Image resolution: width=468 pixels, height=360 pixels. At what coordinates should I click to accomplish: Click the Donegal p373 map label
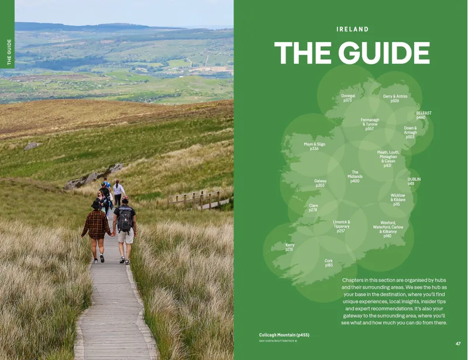click(x=347, y=98)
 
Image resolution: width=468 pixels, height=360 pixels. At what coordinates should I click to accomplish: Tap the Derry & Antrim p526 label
click(x=395, y=98)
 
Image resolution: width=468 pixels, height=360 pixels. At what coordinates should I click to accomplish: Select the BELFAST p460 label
click(x=424, y=115)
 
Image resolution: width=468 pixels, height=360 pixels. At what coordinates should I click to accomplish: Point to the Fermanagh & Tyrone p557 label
click(x=369, y=124)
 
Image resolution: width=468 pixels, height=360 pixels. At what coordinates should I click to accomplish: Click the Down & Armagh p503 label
click(x=410, y=132)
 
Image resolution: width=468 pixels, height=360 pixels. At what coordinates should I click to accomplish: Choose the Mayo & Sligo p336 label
click(x=314, y=146)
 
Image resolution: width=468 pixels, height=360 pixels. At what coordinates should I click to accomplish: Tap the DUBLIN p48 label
click(x=414, y=181)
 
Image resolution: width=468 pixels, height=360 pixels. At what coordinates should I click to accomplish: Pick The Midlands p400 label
click(x=355, y=177)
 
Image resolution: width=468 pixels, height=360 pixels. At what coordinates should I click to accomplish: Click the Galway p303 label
click(x=320, y=183)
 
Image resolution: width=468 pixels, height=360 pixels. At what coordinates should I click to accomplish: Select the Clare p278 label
click(x=313, y=208)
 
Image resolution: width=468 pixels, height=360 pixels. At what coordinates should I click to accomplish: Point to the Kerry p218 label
click(x=290, y=247)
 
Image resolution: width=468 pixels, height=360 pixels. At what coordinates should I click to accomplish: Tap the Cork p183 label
click(x=329, y=263)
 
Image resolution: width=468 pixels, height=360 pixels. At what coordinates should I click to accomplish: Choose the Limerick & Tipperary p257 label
click(x=341, y=227)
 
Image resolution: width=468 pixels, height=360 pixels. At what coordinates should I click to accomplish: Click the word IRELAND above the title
click(x=352, y=29)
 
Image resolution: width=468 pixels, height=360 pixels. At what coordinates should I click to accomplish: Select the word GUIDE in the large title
click(x=383, y=53)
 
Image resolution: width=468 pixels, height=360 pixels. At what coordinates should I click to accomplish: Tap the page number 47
click(x=458, y=344)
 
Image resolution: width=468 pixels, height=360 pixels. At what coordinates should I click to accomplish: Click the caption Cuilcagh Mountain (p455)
click(x=284, y=335)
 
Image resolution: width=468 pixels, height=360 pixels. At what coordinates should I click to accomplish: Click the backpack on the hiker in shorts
click(x=124, y=220)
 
